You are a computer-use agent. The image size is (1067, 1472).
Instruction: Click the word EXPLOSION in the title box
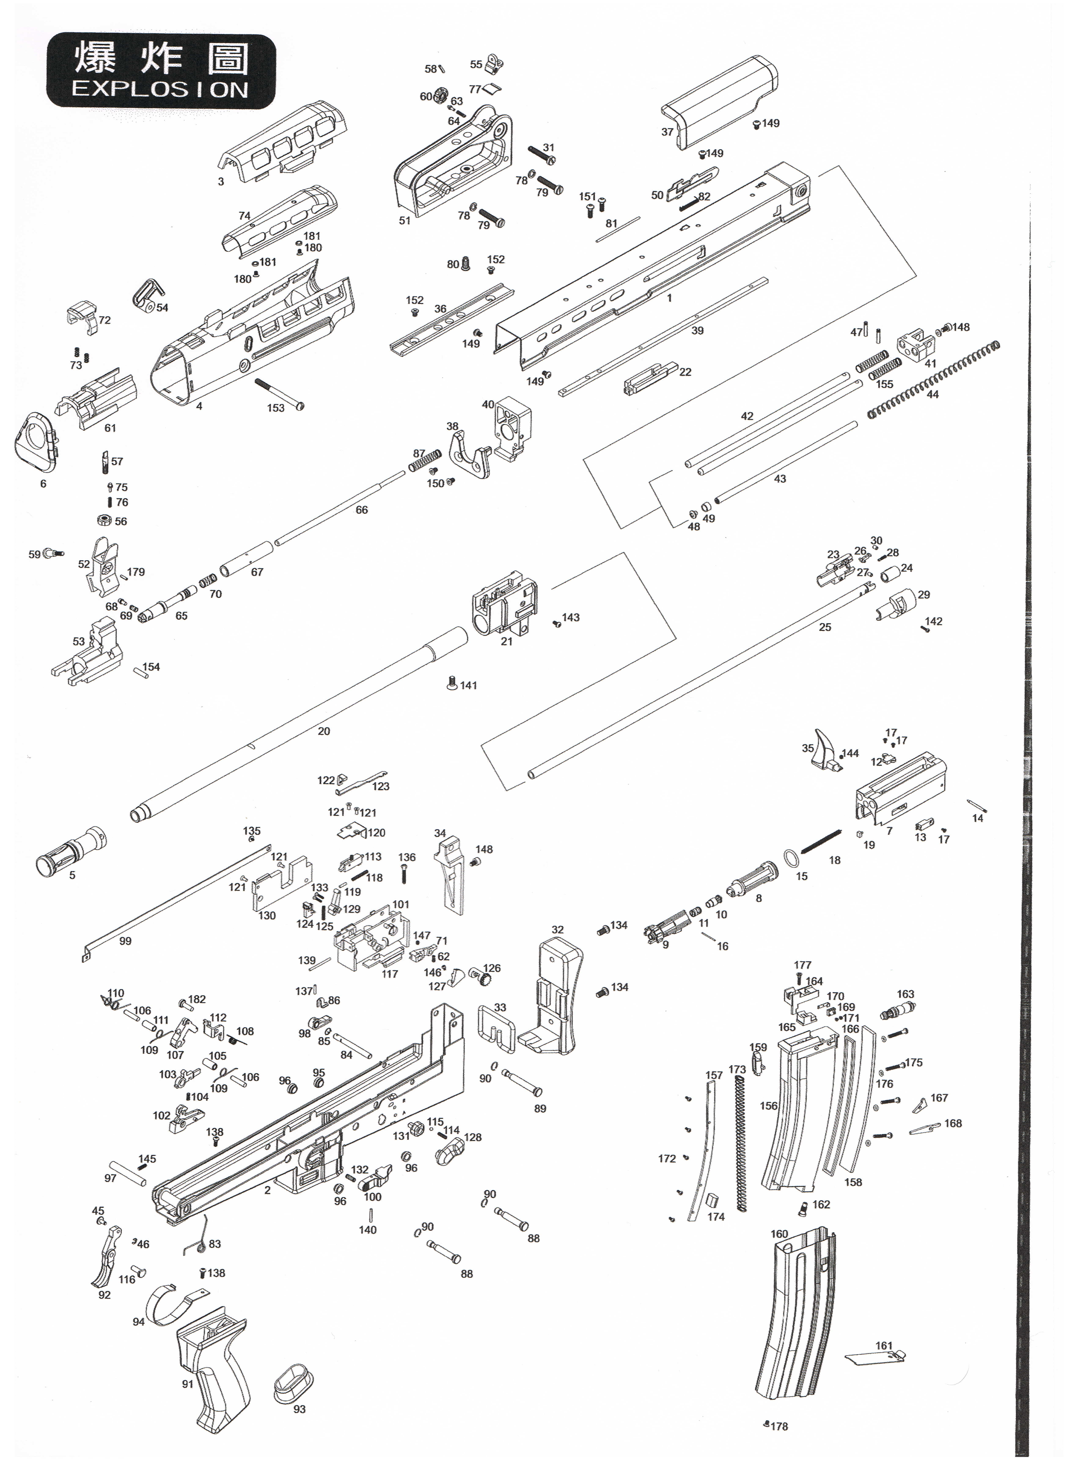pos(160,89)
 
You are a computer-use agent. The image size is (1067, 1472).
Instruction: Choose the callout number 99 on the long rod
pos(125,941)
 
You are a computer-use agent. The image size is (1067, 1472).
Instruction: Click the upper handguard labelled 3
pos(282,146)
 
